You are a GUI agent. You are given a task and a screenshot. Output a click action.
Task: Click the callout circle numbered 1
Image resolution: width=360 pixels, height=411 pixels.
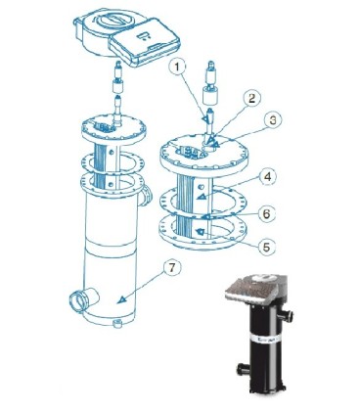point(177,68)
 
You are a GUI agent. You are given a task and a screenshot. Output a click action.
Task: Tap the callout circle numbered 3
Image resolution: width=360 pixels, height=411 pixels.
point(273,120)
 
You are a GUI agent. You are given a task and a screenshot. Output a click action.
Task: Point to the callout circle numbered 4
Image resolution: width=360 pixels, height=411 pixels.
point(268,177)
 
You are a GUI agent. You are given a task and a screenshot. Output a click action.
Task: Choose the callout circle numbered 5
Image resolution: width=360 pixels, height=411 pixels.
point(266,247)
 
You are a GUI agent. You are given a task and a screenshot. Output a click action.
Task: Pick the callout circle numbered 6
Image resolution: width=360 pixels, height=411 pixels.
point(266,214)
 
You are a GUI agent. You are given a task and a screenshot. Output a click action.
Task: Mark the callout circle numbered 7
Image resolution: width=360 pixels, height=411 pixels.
point(172,268)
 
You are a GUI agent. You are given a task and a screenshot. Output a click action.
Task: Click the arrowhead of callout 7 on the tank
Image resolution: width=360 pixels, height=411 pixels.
point(121,299)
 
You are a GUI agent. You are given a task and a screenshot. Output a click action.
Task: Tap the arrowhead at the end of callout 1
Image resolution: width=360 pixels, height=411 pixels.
point(204,119)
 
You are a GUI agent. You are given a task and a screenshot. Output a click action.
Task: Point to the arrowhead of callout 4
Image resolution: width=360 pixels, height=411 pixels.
point(202,196)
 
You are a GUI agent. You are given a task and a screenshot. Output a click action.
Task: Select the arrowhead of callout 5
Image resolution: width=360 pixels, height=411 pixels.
point(200,232)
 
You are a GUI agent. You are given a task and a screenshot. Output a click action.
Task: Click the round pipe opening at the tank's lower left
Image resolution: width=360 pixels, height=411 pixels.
point(77,299)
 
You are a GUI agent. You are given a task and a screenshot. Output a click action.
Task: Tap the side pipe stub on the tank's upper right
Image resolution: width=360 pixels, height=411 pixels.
point(146,195)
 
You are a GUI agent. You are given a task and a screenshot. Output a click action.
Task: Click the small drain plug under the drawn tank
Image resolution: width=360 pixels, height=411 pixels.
point(116,324)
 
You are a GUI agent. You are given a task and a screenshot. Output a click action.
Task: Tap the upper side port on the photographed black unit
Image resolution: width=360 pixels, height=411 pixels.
point(287,315)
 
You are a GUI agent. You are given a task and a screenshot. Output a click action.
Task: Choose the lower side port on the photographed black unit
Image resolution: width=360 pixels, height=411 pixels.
point(244,368)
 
